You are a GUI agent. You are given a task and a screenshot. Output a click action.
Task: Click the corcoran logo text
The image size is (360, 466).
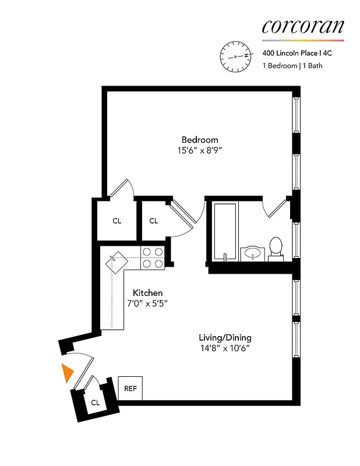(303, 26)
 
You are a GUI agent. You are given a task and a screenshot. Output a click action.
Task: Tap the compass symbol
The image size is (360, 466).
(235, 56)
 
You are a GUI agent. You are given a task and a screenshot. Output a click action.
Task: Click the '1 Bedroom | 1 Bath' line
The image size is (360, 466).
(292, 66)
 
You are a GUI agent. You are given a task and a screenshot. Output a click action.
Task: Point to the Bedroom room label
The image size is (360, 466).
(200, 140)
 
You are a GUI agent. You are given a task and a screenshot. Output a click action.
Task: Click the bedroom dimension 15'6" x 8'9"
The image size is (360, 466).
(200, 150)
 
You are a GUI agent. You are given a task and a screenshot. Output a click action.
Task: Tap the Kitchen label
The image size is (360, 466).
(147, 292)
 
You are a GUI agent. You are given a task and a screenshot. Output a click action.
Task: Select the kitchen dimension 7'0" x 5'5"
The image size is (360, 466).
(147, 303)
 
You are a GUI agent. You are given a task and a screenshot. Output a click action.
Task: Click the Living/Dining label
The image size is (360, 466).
(225, 337)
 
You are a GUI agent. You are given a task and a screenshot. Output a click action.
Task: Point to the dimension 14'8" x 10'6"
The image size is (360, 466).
(225, 348)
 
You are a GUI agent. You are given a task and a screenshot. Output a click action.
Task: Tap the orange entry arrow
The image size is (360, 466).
(68, 373)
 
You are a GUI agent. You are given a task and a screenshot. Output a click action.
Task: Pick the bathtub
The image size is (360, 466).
(225, 232)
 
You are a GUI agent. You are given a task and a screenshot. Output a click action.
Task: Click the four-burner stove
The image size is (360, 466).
(153, 257)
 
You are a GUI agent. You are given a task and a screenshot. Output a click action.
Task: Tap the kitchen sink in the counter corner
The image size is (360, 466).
(115, 260)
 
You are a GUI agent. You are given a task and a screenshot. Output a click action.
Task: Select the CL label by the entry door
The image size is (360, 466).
(96, 402)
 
